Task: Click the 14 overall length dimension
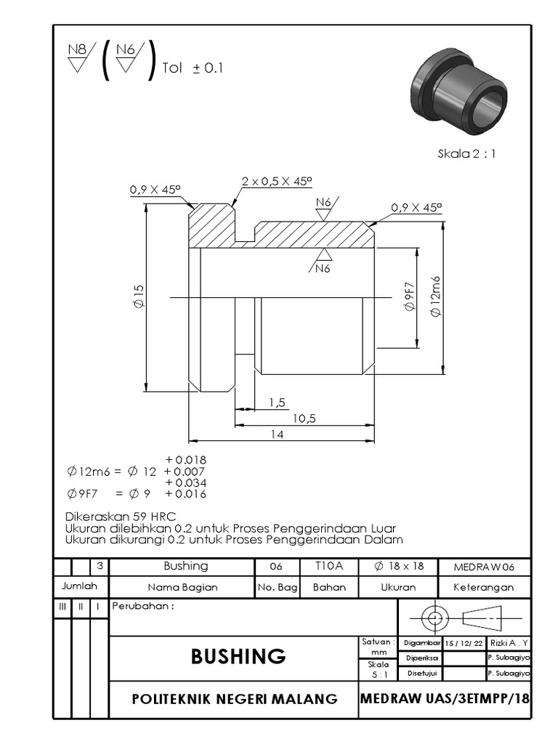(x=276, y=434)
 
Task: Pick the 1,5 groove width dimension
(x=276, y=402)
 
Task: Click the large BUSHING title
(x=238, y=656)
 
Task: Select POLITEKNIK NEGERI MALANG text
(x=234, y=699)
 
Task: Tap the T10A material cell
(x=329, y=566)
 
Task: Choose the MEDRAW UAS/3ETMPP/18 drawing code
(x=445, y=698)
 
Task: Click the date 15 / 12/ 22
(x=464, y=642)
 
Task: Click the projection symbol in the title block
(x=465, y=618)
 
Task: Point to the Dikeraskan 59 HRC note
(x=116, y=516)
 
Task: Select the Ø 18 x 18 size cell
(x=399, y=566)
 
